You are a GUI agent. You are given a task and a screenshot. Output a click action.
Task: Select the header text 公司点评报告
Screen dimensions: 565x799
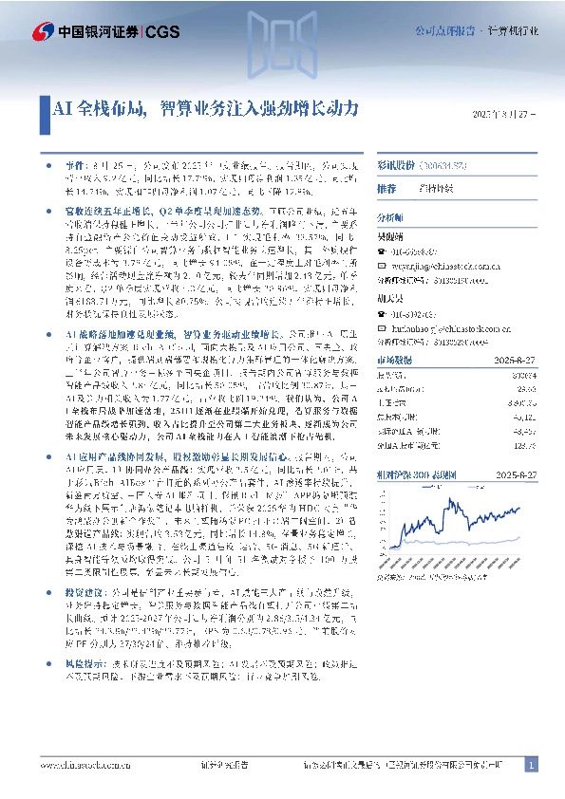(443, 31)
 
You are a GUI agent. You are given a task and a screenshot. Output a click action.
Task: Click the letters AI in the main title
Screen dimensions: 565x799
(60, 108)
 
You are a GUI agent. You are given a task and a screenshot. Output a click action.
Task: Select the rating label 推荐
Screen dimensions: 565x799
(387, 189)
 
